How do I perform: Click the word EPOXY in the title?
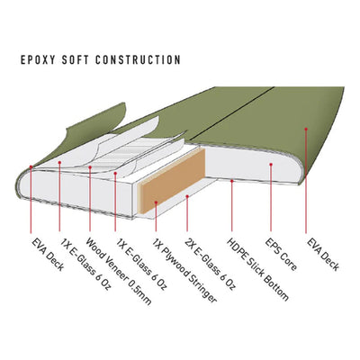click(38, 59)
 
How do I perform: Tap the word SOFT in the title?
click(75, 59)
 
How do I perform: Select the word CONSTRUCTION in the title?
click(138, 59)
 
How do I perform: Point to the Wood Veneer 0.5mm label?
click(119, 272)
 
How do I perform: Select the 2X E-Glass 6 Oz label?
click(210, 265)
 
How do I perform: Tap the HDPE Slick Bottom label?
click(257, 269)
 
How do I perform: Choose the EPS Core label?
click(281, 255)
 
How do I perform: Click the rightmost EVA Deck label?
click(323, 255)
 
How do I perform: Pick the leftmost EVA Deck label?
click(48, 255)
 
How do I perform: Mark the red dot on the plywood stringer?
click(156, 203)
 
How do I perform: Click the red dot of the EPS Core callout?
click(271, 165)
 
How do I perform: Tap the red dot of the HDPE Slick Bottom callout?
click(231, 181)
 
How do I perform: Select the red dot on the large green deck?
click(306, 129)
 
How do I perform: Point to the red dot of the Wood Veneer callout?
click(90, 167)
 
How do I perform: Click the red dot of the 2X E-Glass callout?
click(187, 196)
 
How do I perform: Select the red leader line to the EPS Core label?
click(271, 198)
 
